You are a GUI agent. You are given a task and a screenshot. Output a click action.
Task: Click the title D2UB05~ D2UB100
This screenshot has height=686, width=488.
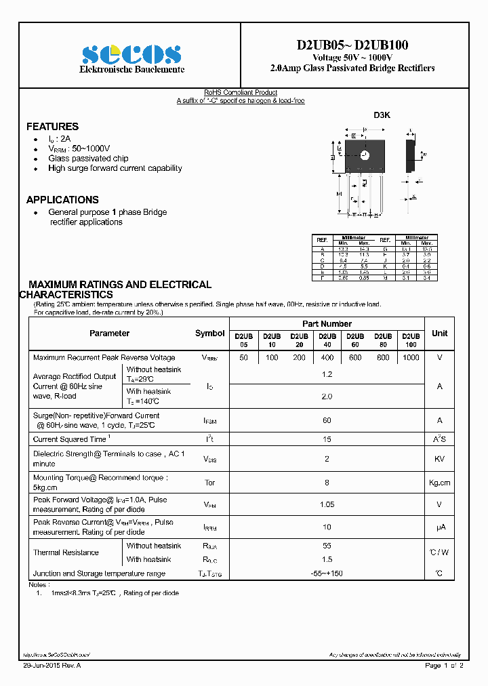tap(352, 45)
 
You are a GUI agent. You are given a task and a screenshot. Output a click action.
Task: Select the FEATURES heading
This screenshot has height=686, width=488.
tap(52, 127)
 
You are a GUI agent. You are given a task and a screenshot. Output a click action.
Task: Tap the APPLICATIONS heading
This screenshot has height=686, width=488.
tap(62, 200)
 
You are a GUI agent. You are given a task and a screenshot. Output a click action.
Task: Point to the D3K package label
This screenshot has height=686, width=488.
tap(382, 115)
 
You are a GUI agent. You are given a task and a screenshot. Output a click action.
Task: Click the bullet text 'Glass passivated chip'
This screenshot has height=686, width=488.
tap(88, 159)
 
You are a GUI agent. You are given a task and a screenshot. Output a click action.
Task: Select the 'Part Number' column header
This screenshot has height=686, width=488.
tap(327, 324)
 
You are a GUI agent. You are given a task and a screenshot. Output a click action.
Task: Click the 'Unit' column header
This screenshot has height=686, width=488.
tap(439, 334)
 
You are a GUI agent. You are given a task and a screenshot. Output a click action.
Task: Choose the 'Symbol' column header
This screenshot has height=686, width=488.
tap(209, 334)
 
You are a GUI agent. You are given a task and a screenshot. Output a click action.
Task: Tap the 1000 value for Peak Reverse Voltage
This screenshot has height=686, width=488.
tap(411, 357)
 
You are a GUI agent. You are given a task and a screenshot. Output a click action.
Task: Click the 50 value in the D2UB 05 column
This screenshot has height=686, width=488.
tap(243, 357)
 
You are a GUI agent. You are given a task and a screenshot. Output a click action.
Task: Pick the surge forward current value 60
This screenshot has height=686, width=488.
tap(327, 420)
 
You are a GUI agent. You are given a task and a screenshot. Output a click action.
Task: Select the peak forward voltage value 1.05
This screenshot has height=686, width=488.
tap(327, 504)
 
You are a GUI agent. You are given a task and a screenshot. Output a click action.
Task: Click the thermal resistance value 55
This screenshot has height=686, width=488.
tap(327, 546)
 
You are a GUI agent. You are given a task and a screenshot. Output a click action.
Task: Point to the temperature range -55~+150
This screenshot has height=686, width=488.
tap(327, 573)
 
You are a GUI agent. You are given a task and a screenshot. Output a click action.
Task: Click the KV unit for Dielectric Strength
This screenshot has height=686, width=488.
tap(439, 459)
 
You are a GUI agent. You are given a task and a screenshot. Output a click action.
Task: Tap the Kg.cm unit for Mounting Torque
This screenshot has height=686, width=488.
tap(439, 483)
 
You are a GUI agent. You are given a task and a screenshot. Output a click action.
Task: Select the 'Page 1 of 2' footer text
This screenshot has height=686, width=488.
tap(443, 666)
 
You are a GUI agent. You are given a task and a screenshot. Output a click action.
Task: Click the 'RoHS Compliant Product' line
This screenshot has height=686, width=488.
tap(241, 93)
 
